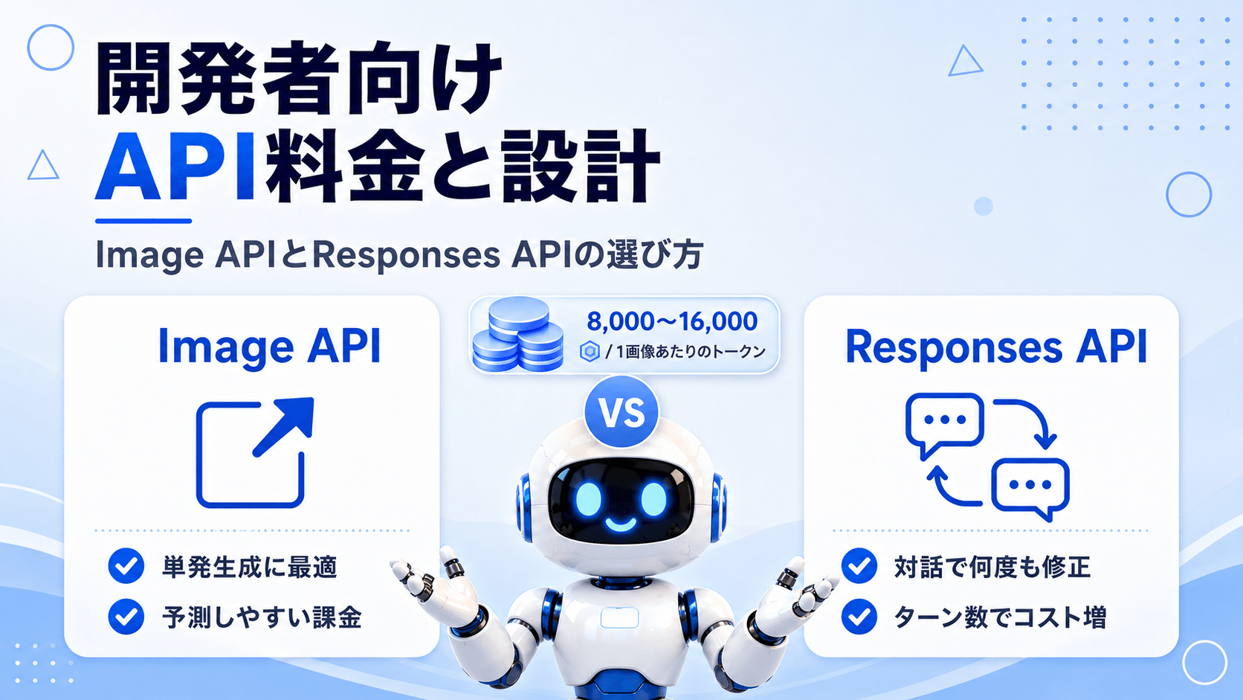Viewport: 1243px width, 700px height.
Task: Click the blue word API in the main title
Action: pos(175,166)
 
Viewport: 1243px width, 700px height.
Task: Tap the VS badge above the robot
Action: pos(621,412)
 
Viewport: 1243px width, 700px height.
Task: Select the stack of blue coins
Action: pos(517,334)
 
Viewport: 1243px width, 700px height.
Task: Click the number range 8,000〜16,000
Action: pos(672,321)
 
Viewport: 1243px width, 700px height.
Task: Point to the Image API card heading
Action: pos(270,347)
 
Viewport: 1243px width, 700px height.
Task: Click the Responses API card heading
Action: pos(996,347)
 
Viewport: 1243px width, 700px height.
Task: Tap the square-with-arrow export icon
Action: pos(255,452)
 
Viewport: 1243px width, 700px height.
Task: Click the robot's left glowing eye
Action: pos(588,498)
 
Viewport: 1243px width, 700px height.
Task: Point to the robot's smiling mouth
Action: pos(621,524)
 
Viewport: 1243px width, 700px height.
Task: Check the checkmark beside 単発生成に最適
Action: pos(126,566)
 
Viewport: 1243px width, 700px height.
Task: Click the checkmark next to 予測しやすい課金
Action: pos(126,616)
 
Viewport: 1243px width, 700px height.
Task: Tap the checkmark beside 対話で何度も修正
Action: pos(859,566)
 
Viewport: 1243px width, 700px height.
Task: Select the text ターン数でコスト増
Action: pos(1000,617)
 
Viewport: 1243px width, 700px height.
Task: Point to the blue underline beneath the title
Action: pos(143,221)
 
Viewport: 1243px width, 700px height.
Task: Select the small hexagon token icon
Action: pos(590,351)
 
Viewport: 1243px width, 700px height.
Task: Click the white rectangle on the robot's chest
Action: pos(619,618)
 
